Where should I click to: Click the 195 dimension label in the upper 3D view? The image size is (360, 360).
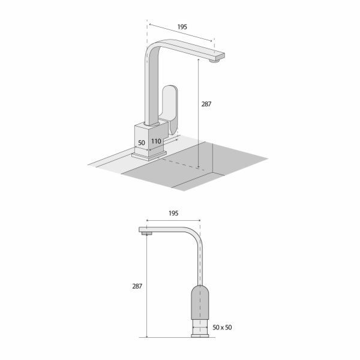point(182,27)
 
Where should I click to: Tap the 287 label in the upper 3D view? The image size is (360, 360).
point(206,104)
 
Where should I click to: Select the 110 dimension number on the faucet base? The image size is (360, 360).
point(156,141)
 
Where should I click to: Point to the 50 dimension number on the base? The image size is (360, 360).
point(142,143)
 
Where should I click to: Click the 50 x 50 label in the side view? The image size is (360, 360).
point(222,328)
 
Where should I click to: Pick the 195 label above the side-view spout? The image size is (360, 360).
point(173,213)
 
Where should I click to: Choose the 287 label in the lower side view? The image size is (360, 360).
point(137,286)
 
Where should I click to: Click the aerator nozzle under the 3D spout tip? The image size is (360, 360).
point(215,61)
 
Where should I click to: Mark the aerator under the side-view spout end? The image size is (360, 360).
point(147,233)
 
